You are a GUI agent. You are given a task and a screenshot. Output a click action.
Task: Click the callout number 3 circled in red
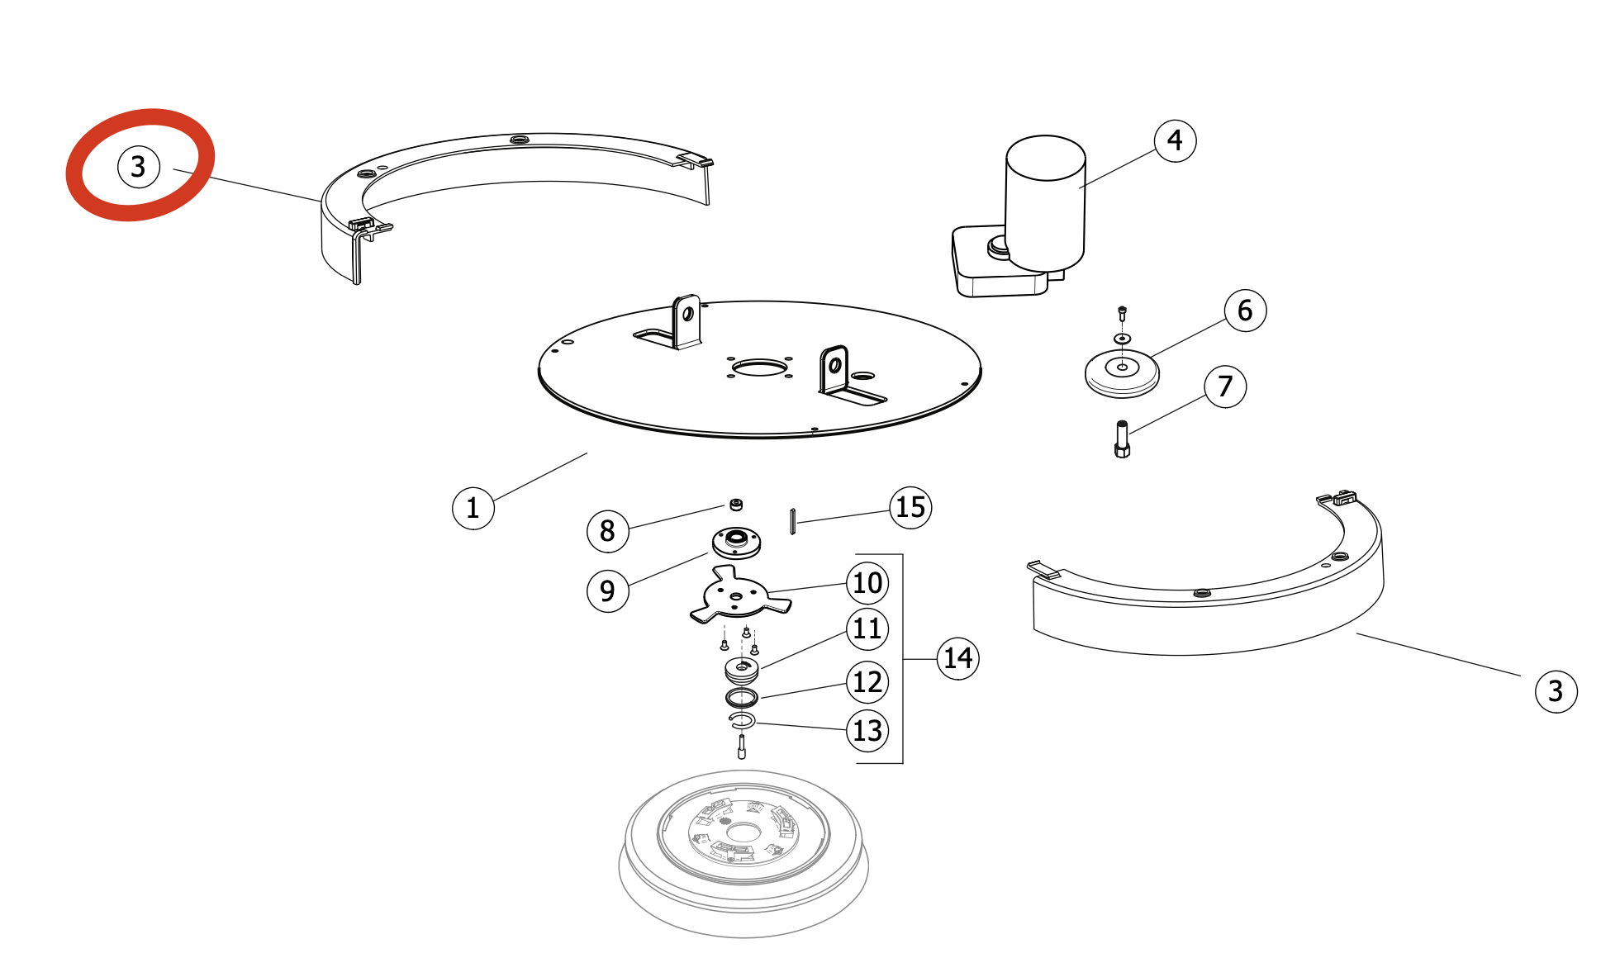138,166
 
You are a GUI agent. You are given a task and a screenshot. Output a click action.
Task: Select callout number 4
1175,140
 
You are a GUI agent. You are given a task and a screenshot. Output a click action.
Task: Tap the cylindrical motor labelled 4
1045,203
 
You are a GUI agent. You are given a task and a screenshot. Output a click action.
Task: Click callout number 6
1245,311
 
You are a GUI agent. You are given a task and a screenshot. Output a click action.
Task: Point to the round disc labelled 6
1122,373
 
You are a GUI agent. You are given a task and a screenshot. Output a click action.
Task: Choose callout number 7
1225,386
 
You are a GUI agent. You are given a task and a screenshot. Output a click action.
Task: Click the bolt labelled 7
1122,439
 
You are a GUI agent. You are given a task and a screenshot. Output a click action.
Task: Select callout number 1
473,507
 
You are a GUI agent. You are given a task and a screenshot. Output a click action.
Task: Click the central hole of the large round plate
759,367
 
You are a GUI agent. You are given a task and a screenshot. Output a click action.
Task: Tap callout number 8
607,530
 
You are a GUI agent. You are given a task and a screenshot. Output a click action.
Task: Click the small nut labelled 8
735,505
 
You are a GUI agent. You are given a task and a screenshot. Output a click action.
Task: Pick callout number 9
607,591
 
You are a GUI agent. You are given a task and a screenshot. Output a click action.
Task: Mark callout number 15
910,507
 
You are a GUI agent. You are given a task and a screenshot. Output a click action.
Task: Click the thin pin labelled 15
792,522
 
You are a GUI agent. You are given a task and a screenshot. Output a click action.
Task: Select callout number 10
867,583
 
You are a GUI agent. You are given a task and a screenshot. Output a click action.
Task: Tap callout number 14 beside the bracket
957,658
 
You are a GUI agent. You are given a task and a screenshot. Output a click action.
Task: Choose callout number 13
867,730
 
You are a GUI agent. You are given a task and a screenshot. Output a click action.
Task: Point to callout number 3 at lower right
1556,690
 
